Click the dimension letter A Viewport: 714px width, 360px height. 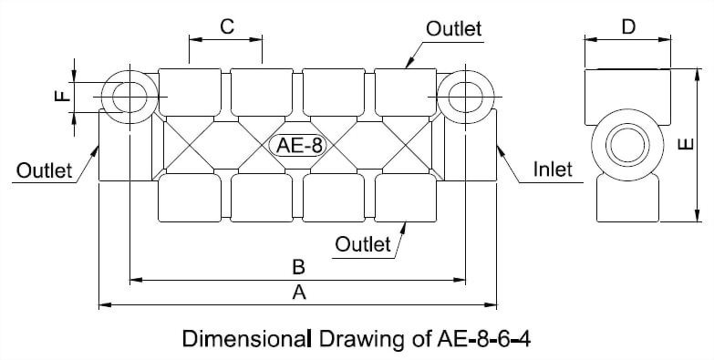point(298,293)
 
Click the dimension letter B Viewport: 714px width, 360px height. point(297,267)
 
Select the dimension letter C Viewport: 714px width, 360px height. point(226,26)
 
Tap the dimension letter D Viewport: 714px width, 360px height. point(628,26)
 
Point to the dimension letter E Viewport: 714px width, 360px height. point(688,145)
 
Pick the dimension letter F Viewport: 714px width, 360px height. point(62,94)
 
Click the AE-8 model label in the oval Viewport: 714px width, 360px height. point(297,145)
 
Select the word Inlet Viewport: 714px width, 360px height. point(553,169)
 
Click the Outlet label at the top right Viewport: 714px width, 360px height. point(453,28)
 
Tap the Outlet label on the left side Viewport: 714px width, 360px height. point(43,170)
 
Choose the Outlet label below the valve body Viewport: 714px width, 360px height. point(362,243)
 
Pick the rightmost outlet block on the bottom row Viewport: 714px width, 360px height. point(406,199)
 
